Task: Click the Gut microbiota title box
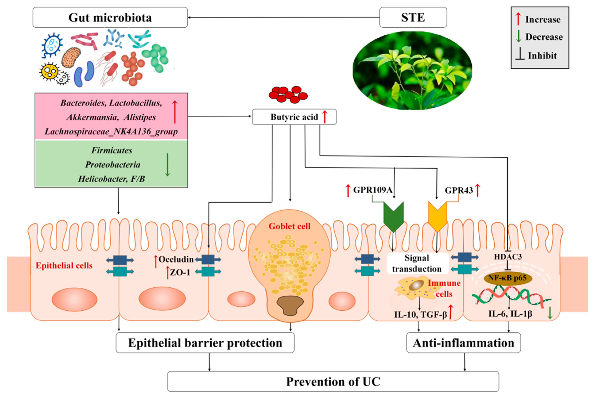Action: coord(110,17)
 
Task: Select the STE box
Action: coord(413,17)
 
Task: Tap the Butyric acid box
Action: coord(294,117)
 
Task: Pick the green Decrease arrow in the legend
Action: coord(518,36)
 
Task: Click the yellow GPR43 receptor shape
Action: coord(437,216)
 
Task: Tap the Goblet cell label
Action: coord(289,226)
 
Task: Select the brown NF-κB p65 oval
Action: coord(508,278)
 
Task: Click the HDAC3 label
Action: coord(508,257)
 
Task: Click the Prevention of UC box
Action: coord(333,382)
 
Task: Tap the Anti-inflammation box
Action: coord(463,343)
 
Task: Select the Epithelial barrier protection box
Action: coord(205,343)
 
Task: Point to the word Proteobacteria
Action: coord(112,165)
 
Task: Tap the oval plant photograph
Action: coord(412,71)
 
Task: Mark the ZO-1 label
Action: coord(180,272)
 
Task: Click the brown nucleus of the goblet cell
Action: coord(290,305)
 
